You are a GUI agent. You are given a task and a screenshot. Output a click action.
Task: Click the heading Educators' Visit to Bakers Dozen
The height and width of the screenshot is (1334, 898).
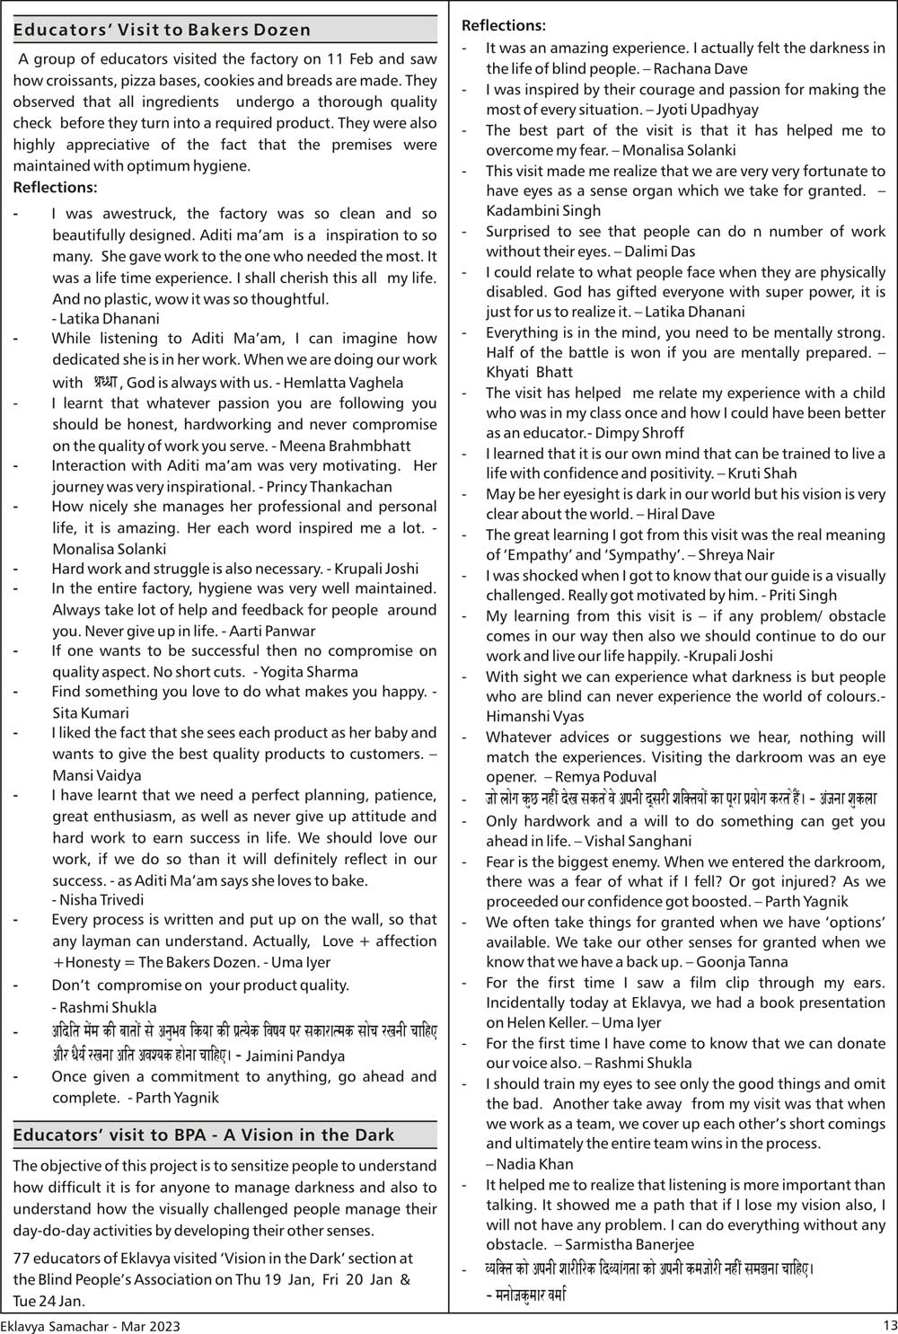[x=162, y=30]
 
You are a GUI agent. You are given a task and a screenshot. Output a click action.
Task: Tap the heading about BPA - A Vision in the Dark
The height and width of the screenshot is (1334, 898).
[x=203, y=1135]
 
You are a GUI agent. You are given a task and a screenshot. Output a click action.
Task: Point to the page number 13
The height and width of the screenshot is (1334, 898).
[x=889, y=1325]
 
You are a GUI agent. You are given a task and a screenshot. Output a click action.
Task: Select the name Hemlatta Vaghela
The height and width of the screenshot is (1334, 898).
[x=343, y=383]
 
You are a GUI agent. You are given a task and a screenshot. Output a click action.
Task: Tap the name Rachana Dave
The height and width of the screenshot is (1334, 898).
[x=700, y=68]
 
